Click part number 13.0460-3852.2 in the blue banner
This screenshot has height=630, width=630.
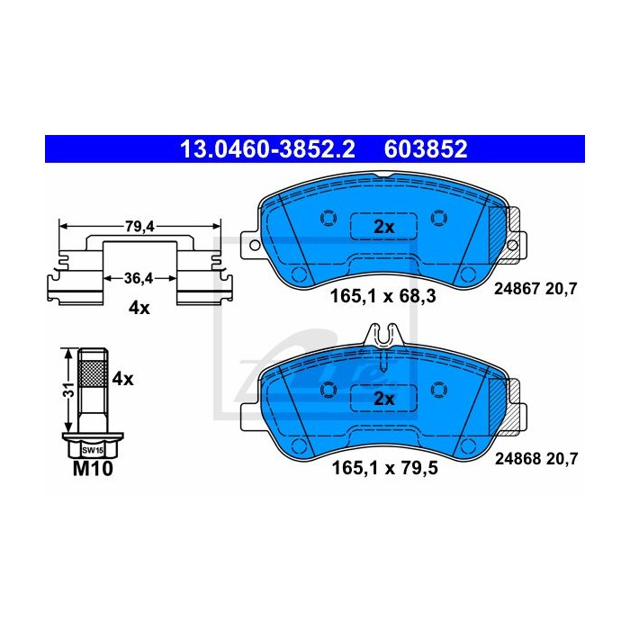click(267, 149)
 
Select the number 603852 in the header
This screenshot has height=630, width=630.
click(426, 149)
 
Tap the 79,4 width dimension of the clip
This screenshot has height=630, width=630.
click(139, 227)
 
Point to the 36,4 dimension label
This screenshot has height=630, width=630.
click(139, 278)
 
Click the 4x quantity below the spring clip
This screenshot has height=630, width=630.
click(139, 308)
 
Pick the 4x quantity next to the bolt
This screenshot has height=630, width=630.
click(122, 379)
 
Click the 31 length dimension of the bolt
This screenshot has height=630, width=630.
click(70, 390)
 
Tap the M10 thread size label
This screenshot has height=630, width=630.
click(93, 469)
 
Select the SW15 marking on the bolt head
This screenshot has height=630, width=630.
click(93, 450)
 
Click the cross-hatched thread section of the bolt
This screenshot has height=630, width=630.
click(93, 373)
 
